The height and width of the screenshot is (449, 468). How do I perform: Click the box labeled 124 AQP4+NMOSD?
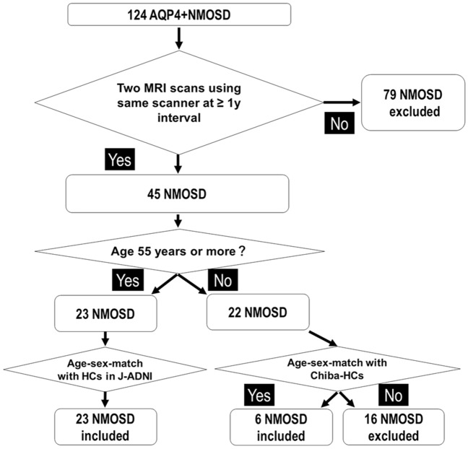point(179,14)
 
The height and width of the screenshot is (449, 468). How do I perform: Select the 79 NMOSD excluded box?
point(413,103)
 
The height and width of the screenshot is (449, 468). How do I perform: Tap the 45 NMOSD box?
point(177,193)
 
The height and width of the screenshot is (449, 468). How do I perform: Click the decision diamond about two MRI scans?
point(179,103)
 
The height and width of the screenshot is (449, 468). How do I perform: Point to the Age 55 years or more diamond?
point(179,251)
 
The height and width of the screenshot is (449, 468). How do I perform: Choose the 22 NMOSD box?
point(258,312)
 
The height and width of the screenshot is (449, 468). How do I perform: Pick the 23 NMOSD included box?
point(105,427)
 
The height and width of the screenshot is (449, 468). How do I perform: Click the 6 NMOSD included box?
point(281,427)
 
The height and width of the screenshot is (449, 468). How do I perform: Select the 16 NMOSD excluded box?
point(394,427)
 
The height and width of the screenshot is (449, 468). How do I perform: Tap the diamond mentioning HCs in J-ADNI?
point(105,370)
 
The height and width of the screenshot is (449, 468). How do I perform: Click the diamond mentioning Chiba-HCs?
point(337,369)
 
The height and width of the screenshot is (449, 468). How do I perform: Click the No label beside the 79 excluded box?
point(339,123)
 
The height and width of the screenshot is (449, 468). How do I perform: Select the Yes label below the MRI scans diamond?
point(120,160)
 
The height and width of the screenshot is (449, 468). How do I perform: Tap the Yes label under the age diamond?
point(128,280)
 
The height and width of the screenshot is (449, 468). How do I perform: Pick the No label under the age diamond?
point(223,280)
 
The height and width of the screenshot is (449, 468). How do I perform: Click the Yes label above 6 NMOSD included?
point(259,395)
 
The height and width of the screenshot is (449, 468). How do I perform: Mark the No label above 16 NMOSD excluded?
point(394,395)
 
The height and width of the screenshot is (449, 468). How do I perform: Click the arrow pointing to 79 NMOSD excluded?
point(342,103)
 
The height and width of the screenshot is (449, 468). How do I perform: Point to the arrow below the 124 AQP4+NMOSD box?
point(179,38)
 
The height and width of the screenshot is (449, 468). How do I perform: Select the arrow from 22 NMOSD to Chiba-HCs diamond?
point(323,339)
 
